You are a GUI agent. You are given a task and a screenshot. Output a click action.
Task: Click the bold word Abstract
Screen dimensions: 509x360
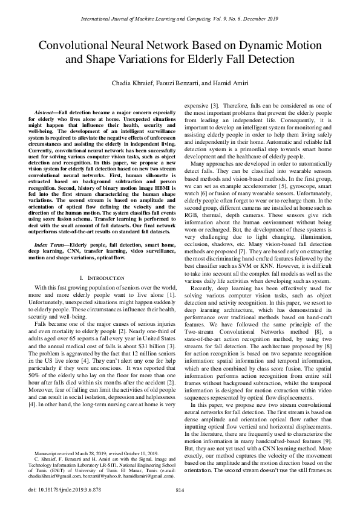pyautogui.click(x=46, y=113)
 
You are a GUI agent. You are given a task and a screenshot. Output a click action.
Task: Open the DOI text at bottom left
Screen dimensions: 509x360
pyautogui.click(x=59, y=504)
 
